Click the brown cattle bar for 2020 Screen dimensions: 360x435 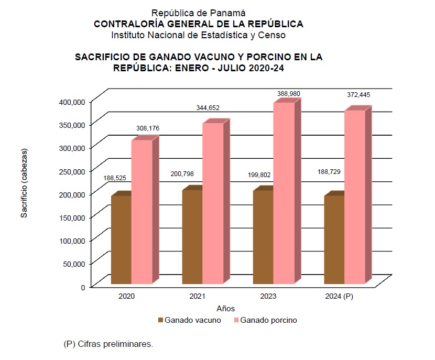(x=121, y=239)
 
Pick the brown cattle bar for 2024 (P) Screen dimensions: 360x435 (x=334, y=239)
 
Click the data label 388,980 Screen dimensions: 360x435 (x=289, y=93)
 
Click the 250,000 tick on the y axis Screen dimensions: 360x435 (x=69, y=171)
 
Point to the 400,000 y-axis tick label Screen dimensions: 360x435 (x=69, y=101)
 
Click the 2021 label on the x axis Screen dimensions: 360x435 (x=197, y=297)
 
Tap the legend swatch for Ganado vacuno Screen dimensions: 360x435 (x=160, y=320)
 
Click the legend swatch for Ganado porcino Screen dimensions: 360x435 (x=236, y=320)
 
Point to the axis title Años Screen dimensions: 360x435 (x=226, y=308)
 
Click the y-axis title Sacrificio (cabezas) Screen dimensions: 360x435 (x=24, y=183)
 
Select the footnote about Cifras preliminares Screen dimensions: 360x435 (x=108, y=344)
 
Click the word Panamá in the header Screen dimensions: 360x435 (x=227, y=13)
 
